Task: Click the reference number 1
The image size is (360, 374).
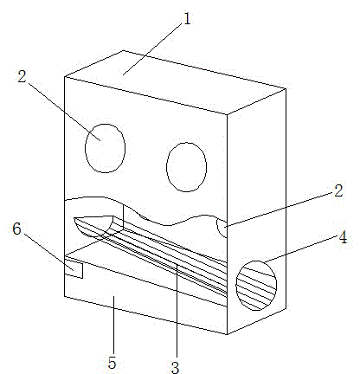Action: click(x=187, y=20)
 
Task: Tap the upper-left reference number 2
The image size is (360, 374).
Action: click(x=22, y=77)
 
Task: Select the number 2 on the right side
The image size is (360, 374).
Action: click(x=338, y=190)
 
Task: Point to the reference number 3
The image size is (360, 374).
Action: click(x=175, y=367)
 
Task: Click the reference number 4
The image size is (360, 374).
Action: click(x=343, y=238)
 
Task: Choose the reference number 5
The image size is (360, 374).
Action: click(x=112, y=363)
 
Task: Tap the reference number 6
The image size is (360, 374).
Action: click(x=17, y=229)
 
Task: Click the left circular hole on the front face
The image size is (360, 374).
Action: click(x=105, y=148)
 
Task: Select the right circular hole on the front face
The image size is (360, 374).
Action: click(x=186, y=167)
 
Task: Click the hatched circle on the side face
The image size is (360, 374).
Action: click(x=256, y=286)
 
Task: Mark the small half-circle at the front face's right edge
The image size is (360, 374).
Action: click(x=222, y=228)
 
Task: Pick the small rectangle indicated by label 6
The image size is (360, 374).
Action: click(x=74, y=268)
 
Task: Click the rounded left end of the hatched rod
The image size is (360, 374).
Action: click(x=93, y=226)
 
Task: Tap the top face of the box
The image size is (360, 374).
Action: click(x=175, y=82)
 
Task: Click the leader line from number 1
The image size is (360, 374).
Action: click(x=153, y=48)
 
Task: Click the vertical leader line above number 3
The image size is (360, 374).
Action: click(x=177, y=310)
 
